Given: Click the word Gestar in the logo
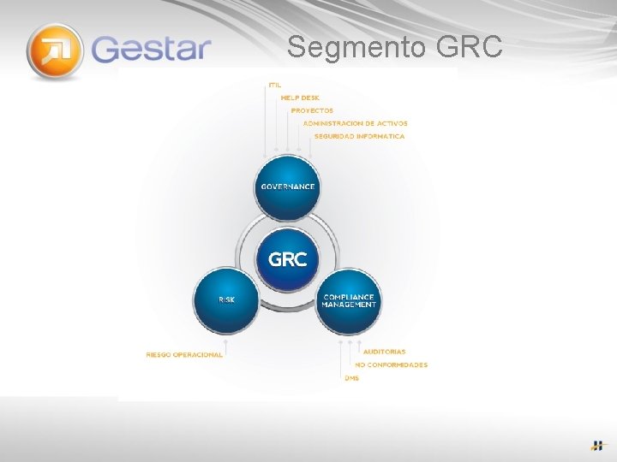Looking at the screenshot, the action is pos(151,48).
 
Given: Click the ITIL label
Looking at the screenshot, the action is pos(274,85).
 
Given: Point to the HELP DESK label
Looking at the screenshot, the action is pos(300,98).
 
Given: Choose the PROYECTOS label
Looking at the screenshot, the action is pos(312,110).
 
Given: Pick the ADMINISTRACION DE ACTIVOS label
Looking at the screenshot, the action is pos(355,123).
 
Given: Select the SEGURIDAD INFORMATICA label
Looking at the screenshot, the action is pos(359,136).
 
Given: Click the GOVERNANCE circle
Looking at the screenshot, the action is pos(288,187).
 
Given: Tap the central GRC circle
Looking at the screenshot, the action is pos(288,258).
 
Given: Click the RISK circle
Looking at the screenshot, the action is pos(227,300).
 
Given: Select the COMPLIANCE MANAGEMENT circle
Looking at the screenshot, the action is pos(349,300).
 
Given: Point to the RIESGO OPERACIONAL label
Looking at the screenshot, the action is pos(184,354).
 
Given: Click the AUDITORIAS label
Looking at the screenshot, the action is pos(384,352).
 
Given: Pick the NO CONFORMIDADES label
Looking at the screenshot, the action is pos(391,364).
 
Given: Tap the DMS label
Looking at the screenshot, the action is pos(352,377).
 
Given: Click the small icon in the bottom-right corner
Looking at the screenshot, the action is pos(596,445).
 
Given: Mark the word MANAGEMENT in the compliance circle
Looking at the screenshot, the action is pos(350,305).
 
